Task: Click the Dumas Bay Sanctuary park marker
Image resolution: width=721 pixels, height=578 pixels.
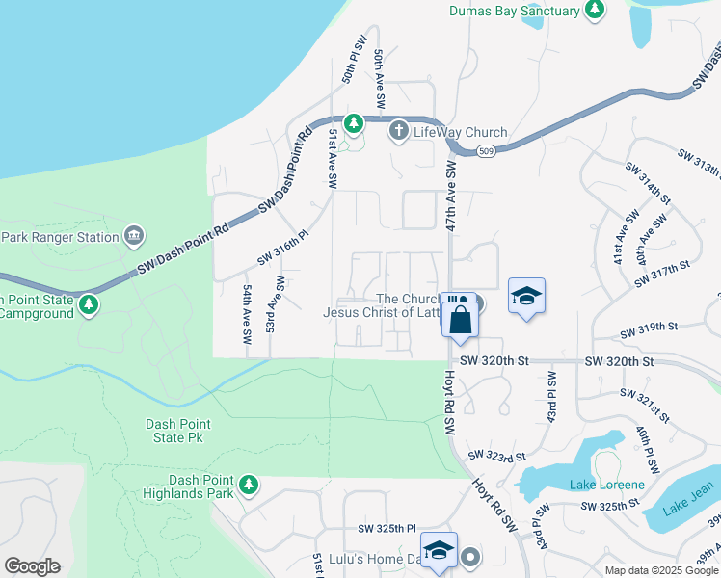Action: click(x=596, y=11)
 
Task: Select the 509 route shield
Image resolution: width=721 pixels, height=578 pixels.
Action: click(x=487, y=150)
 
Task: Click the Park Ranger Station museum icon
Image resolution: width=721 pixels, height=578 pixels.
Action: click(x=134, y=236)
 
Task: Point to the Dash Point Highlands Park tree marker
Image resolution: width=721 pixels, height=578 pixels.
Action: click(x=249, y=484)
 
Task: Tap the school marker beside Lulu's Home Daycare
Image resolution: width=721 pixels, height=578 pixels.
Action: click(x=439, y=550)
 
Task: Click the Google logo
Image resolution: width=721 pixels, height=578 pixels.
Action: click(x=32, y=566)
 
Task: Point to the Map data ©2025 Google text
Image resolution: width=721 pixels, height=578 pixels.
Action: click(x=661, y=570)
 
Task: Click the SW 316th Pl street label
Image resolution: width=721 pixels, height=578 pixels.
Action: click(x=281, y=248)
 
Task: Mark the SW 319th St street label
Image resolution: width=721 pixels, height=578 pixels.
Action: click(x=649, y=331)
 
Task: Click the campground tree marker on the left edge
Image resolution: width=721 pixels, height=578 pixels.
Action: click(x=89, y=305)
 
